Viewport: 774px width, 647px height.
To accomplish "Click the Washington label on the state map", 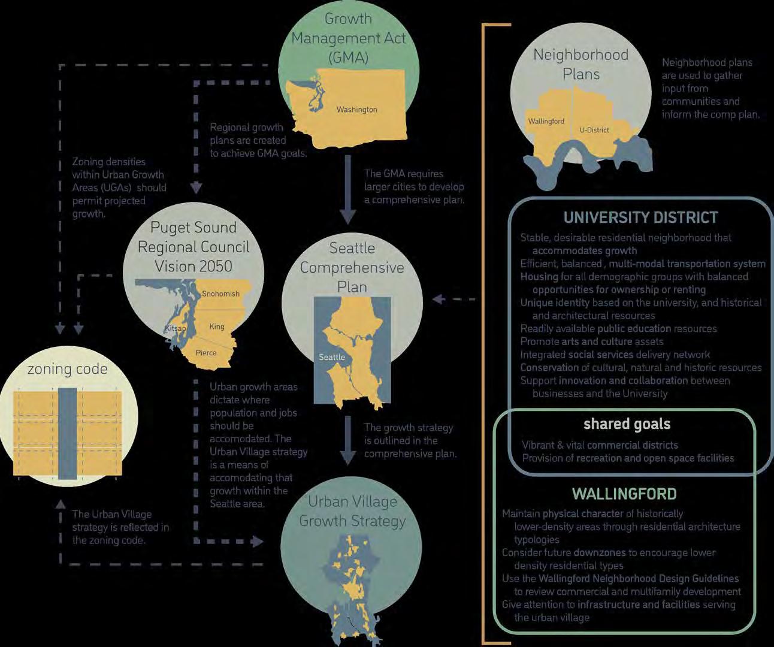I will (356, 110).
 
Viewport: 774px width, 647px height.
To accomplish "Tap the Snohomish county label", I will (220, 294).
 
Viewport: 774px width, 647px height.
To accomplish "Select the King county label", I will (217, 326).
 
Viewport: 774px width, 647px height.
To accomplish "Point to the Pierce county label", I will (205, 353).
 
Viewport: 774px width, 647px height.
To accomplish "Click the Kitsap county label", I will (176, 329).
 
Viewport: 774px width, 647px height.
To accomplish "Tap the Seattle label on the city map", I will (331, 357).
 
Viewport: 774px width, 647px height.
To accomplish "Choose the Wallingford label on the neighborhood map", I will (546, 121).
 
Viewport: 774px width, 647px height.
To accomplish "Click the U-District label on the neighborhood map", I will (594, 129).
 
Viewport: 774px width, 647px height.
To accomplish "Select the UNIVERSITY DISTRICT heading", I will (640, 217).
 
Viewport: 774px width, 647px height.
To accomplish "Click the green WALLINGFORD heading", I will (624, 494).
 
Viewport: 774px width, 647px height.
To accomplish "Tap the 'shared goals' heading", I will (627, 424).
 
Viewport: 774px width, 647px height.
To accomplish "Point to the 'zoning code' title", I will (67, 369).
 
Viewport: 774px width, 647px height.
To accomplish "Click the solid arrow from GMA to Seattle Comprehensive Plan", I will (348, 192).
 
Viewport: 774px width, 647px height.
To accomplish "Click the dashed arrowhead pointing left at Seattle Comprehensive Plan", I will (439, 298).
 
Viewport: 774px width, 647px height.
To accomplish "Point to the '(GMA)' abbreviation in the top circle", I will (348, 58).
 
